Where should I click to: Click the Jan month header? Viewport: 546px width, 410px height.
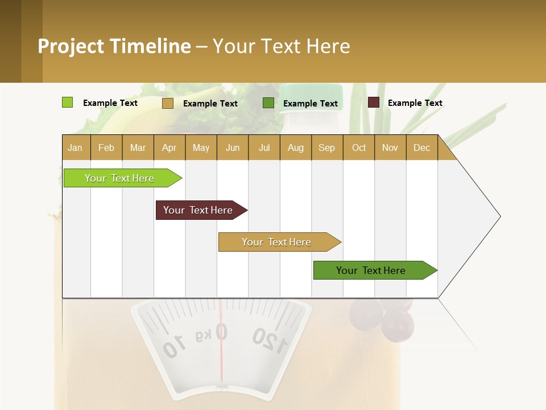pyautogui.click(x=75, y=147)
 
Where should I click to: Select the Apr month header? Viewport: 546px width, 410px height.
pyautogui.click(x=169, y=147)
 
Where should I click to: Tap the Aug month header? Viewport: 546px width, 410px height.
pyautogui.click(x=295, y=147)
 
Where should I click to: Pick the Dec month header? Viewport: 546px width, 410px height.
pyautogui.click(x=421, y=147)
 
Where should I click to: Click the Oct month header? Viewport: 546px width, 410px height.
pyautogui.click(x=358, y=147)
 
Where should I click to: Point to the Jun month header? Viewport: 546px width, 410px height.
pyautogui.click(x=232, y=147)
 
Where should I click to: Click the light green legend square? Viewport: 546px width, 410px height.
pyautogui.click(x=67, y=102)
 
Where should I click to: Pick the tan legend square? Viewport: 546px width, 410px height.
pyautogui.click(x=167, y=103)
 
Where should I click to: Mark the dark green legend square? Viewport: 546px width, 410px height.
pyautogui.click(x=268, y=103)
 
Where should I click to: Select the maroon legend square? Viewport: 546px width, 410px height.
pyautogui.click(x=373, y=102)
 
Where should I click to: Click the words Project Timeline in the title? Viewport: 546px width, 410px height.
pyautogui.click(x=114, y=46)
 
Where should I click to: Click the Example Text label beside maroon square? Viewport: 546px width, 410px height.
pyautogui.click(x=415, y=103)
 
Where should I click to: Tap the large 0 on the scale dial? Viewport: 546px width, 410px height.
pyautogui.click(x=221, y=332)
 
